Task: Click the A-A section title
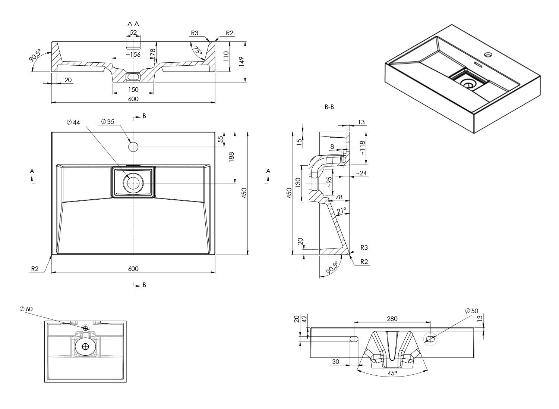[x=133, y=24]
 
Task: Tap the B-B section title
[x=329, y=107]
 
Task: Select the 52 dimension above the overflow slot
[x=133, y=32]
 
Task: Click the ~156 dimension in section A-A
[x=133, y=54]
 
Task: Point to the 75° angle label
[x=197, y=51]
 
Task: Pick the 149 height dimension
[x=241, y=62]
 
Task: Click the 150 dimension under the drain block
[x=133, y=90]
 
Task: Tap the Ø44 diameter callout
[x=73, y=122]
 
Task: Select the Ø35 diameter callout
[x=108, y=121]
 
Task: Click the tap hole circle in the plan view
[x=133, y=147]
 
